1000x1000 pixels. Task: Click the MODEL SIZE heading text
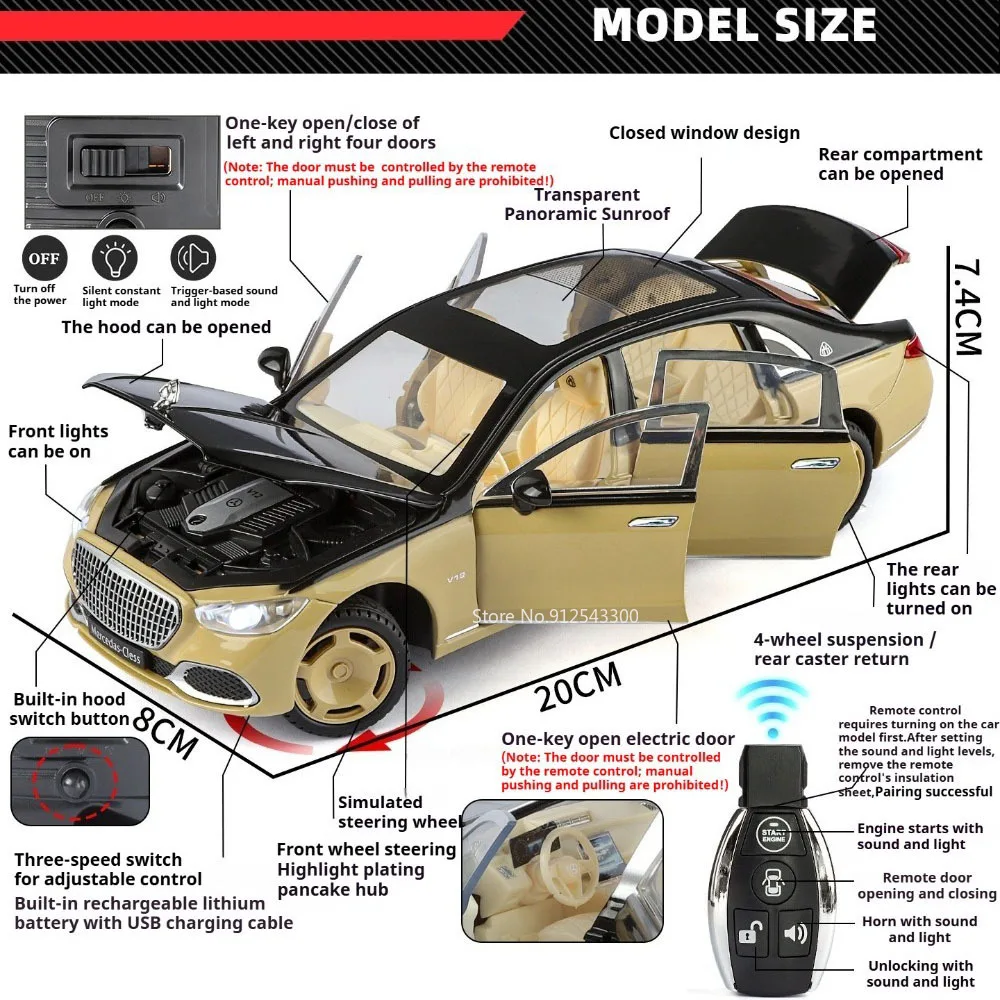734,25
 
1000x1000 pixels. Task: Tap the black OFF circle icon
43,258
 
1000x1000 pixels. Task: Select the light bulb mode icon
114,258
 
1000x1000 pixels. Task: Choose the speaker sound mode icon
193,258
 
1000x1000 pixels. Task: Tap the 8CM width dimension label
165,732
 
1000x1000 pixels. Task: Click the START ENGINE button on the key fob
773,834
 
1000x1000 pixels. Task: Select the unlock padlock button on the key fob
747,936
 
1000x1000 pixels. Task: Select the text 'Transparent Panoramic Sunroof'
587,204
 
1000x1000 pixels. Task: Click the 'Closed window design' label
704,133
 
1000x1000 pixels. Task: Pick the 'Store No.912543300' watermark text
554,615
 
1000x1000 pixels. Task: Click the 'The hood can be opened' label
166,327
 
